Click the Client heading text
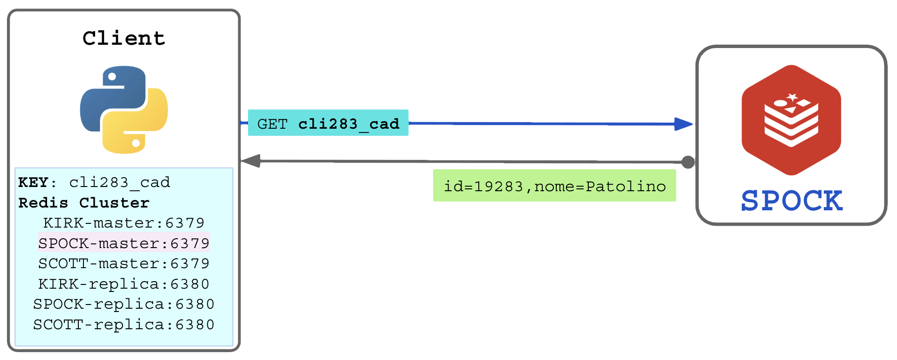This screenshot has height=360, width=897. pos(124,38)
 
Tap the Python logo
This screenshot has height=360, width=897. pos(124,110)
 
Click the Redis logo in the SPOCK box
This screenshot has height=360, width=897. pos(791,120)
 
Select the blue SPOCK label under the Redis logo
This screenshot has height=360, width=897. pos(792,201)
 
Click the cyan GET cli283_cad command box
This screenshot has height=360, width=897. pos(328,123)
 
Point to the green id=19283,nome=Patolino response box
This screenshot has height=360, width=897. pos(554,186)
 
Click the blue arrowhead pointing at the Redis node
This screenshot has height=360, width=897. pos(684,124)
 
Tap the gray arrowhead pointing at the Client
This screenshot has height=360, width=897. pos(251,161)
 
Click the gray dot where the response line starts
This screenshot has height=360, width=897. pos(688,162)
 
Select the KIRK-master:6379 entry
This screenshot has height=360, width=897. pos(124,223)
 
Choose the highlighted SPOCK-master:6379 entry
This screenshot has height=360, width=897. pos(124,243)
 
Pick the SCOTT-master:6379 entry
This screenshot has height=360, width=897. pos(124,263)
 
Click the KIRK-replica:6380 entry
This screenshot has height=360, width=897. pos(124,284)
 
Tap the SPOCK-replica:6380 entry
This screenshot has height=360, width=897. pos(124,304)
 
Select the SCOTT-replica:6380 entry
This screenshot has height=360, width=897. pos(124,324)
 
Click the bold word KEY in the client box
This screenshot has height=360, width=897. pos(33,182)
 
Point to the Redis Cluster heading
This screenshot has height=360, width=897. pos(84,203)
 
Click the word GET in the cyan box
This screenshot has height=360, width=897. pos(272,124)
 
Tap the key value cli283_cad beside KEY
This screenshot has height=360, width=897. pos(120,182)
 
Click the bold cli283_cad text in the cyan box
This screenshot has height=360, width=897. pos(349,124)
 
